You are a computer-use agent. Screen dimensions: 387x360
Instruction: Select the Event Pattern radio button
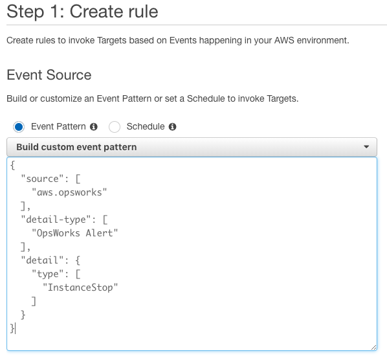(x=19, y=127)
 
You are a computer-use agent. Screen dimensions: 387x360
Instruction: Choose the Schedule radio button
(x=115, y=127)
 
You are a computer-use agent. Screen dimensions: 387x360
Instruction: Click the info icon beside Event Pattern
(x=94, y=127)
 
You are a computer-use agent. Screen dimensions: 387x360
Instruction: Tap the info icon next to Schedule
(x=172, y=127)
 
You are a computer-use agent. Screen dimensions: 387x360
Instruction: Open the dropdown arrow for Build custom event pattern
(x=366, y=147)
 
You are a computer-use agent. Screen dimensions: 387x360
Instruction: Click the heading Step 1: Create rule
(x=82, y=12)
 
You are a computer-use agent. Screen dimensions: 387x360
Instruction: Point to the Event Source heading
(x=49, y=75)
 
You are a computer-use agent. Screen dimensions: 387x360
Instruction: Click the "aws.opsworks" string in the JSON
(x=69, y=192)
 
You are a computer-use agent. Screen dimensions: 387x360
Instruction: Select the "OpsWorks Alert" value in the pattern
(x=75, y=233)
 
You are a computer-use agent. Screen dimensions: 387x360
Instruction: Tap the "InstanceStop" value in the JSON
(x=80, y=287)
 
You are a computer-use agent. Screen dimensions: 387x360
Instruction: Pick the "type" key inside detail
(x=48, y=274)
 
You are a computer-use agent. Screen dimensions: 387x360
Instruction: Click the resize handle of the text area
(x=373, y=348)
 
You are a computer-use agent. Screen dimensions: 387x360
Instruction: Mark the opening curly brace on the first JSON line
(x=12, y=165)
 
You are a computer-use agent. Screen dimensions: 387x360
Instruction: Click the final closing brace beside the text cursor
(x=12, y=328)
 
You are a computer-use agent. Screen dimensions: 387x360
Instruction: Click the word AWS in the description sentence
(x=284, y=40)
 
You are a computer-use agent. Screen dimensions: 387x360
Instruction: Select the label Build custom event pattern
(x=76, y=147)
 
